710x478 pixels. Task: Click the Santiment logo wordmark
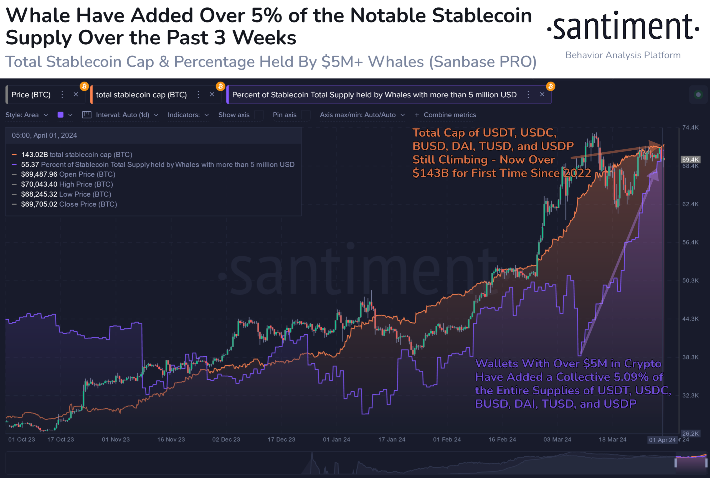623,27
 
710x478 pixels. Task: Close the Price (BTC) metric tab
76,95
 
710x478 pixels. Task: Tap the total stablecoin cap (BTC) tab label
141,95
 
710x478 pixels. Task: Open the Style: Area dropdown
27,115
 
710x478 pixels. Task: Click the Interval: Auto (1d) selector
123,115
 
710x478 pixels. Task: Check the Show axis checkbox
259,115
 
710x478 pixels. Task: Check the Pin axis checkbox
306,115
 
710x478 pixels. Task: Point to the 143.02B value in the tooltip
34,155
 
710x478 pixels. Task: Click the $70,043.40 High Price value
39,184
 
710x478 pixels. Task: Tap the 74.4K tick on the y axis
690,127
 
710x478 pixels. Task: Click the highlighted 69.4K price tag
690,160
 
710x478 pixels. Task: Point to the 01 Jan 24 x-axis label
336,439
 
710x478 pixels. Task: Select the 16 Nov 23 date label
171,439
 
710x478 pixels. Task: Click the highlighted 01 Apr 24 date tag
662,440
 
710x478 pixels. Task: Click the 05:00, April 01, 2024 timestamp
44,135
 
